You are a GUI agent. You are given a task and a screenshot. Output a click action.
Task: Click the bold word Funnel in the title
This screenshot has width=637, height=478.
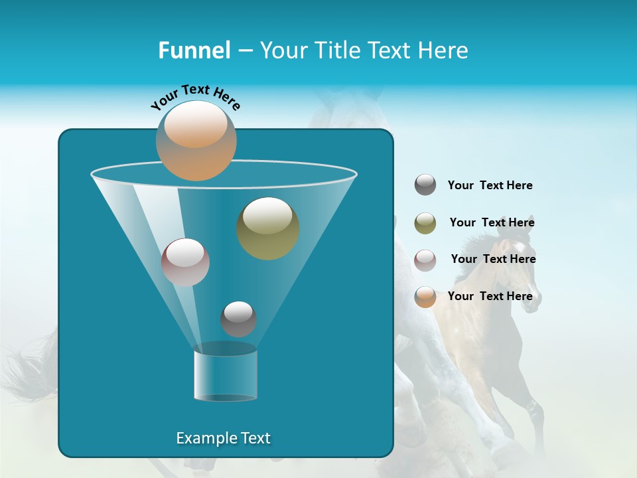[194, 50]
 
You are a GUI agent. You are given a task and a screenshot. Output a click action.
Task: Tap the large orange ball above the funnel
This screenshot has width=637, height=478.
[196, 140]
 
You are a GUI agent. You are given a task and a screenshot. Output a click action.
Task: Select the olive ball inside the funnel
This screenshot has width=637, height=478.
[268, 228]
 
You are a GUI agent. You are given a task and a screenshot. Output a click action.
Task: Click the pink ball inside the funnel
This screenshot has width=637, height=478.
[185, 262]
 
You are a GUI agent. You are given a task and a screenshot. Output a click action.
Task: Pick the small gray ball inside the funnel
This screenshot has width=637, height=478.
[238, 319]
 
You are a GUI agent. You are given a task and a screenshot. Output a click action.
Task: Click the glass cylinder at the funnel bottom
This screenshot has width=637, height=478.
[226, 375]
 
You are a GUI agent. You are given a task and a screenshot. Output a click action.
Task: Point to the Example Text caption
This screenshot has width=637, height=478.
[224, 438]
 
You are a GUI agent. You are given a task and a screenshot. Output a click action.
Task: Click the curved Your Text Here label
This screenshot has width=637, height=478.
[196, 96]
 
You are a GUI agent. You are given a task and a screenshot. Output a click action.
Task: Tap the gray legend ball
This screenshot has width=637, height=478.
[425, 185]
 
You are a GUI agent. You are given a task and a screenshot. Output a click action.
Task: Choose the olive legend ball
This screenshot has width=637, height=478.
[425, 223]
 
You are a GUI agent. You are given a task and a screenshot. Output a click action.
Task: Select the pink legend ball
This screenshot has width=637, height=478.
[425, 260]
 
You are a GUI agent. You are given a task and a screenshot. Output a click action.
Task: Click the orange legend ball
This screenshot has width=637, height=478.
[425, 297]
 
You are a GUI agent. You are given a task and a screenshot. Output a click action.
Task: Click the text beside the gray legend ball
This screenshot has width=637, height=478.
[490, 185]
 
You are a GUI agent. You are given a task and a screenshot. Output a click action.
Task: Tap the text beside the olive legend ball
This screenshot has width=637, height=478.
[492, 222]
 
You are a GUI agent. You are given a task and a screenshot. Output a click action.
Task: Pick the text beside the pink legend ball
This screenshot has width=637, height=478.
[493, 259]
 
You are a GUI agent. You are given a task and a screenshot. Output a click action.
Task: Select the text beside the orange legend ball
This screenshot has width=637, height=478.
[490, 296]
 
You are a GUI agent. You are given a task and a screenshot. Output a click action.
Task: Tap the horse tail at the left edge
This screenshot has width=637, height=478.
[30, 372]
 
